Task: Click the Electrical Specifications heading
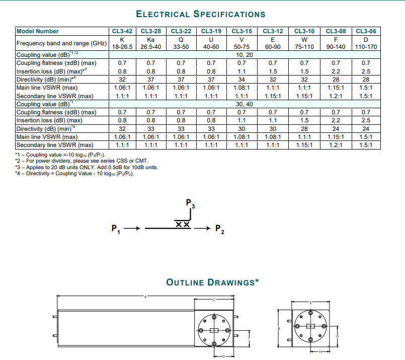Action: click(201, 14)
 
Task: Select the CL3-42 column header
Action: click(122, 31)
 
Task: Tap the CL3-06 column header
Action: click(366, 31)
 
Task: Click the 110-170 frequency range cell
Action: click(366, 47)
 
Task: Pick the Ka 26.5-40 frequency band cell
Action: click(150, 43)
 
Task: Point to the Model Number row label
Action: click(38, 31)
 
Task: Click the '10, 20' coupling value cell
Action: click(242, 54)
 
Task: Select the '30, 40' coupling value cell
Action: click(242, 104)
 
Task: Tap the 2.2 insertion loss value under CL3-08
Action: click(335, 71)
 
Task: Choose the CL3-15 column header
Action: click(241, 31)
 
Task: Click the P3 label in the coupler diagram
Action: click(190, 204)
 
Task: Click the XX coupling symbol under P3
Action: click(183, 225)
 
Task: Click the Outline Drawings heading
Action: click(212, 282)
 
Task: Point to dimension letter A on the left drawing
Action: click(146, 297)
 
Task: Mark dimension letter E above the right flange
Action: click(310, 302)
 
